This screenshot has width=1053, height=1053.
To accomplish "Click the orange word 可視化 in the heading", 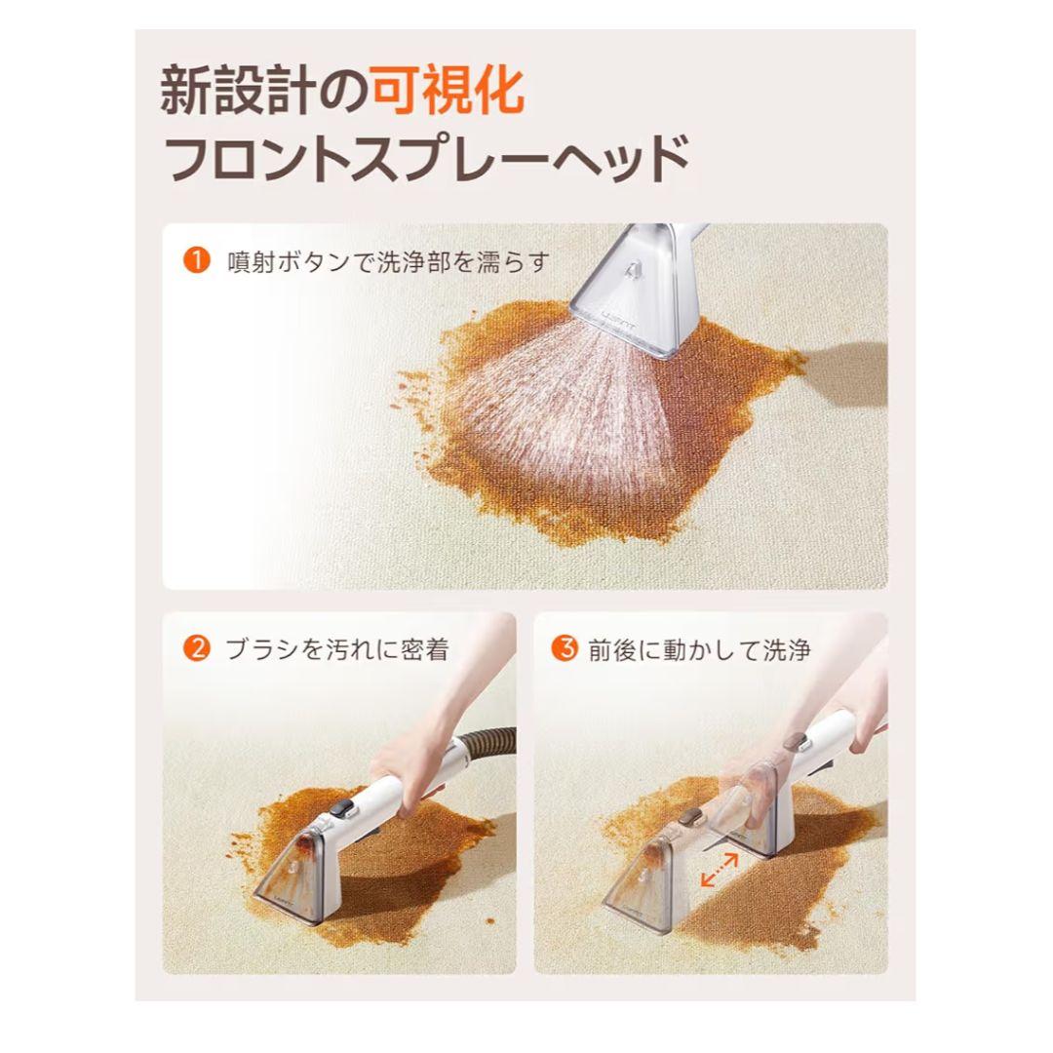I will click(449, 93).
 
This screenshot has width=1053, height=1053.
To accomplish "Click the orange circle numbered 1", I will click(197, 261).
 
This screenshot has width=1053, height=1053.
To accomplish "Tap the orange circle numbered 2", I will click(197, 648).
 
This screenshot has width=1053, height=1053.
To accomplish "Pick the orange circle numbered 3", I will click(565, 648).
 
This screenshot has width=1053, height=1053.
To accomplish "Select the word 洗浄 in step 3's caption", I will click(788, 649).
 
